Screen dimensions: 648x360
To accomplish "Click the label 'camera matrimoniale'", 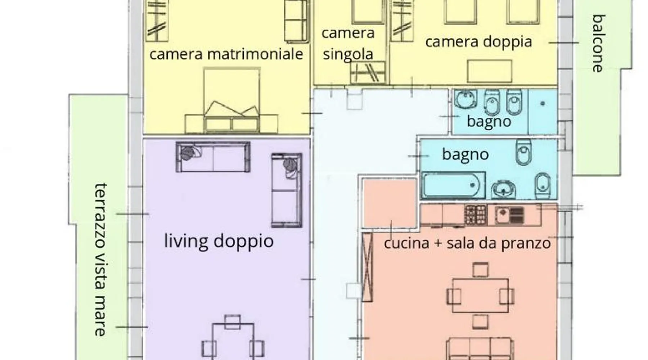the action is [226, 54].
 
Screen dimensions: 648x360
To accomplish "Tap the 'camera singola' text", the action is [348, 44].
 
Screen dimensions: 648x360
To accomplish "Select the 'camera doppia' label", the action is [478, 41].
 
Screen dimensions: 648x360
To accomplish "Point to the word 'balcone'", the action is [599, 43].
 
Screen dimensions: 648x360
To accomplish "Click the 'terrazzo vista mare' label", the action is [101, 260].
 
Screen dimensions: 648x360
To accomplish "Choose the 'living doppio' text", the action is [219, 241].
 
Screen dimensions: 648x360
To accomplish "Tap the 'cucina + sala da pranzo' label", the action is [467, 243].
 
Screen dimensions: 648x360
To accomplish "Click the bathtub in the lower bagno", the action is [454, 185].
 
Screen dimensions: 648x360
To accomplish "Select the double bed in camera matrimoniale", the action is [231, 100].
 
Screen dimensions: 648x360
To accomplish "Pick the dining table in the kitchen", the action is [480, 296].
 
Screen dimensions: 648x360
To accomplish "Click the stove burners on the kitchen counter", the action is [476, 215].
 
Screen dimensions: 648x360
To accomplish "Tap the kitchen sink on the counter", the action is [510, 215].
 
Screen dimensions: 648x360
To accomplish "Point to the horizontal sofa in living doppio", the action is [213, 157].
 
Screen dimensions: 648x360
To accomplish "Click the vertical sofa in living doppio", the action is [287, 190].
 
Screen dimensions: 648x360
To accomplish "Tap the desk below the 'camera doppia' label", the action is [490, 71].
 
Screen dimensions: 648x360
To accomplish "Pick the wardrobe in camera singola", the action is [368, 72].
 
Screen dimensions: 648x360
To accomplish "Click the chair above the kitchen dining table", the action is [480, 270].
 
